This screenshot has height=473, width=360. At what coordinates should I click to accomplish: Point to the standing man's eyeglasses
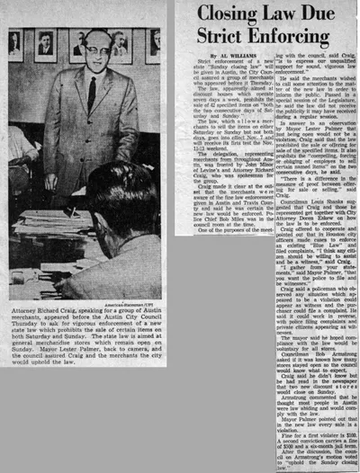pyautogui.click(x=91, y=54)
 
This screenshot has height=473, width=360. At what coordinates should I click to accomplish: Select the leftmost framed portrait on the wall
pyautogui.click(x=15, y=44)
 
